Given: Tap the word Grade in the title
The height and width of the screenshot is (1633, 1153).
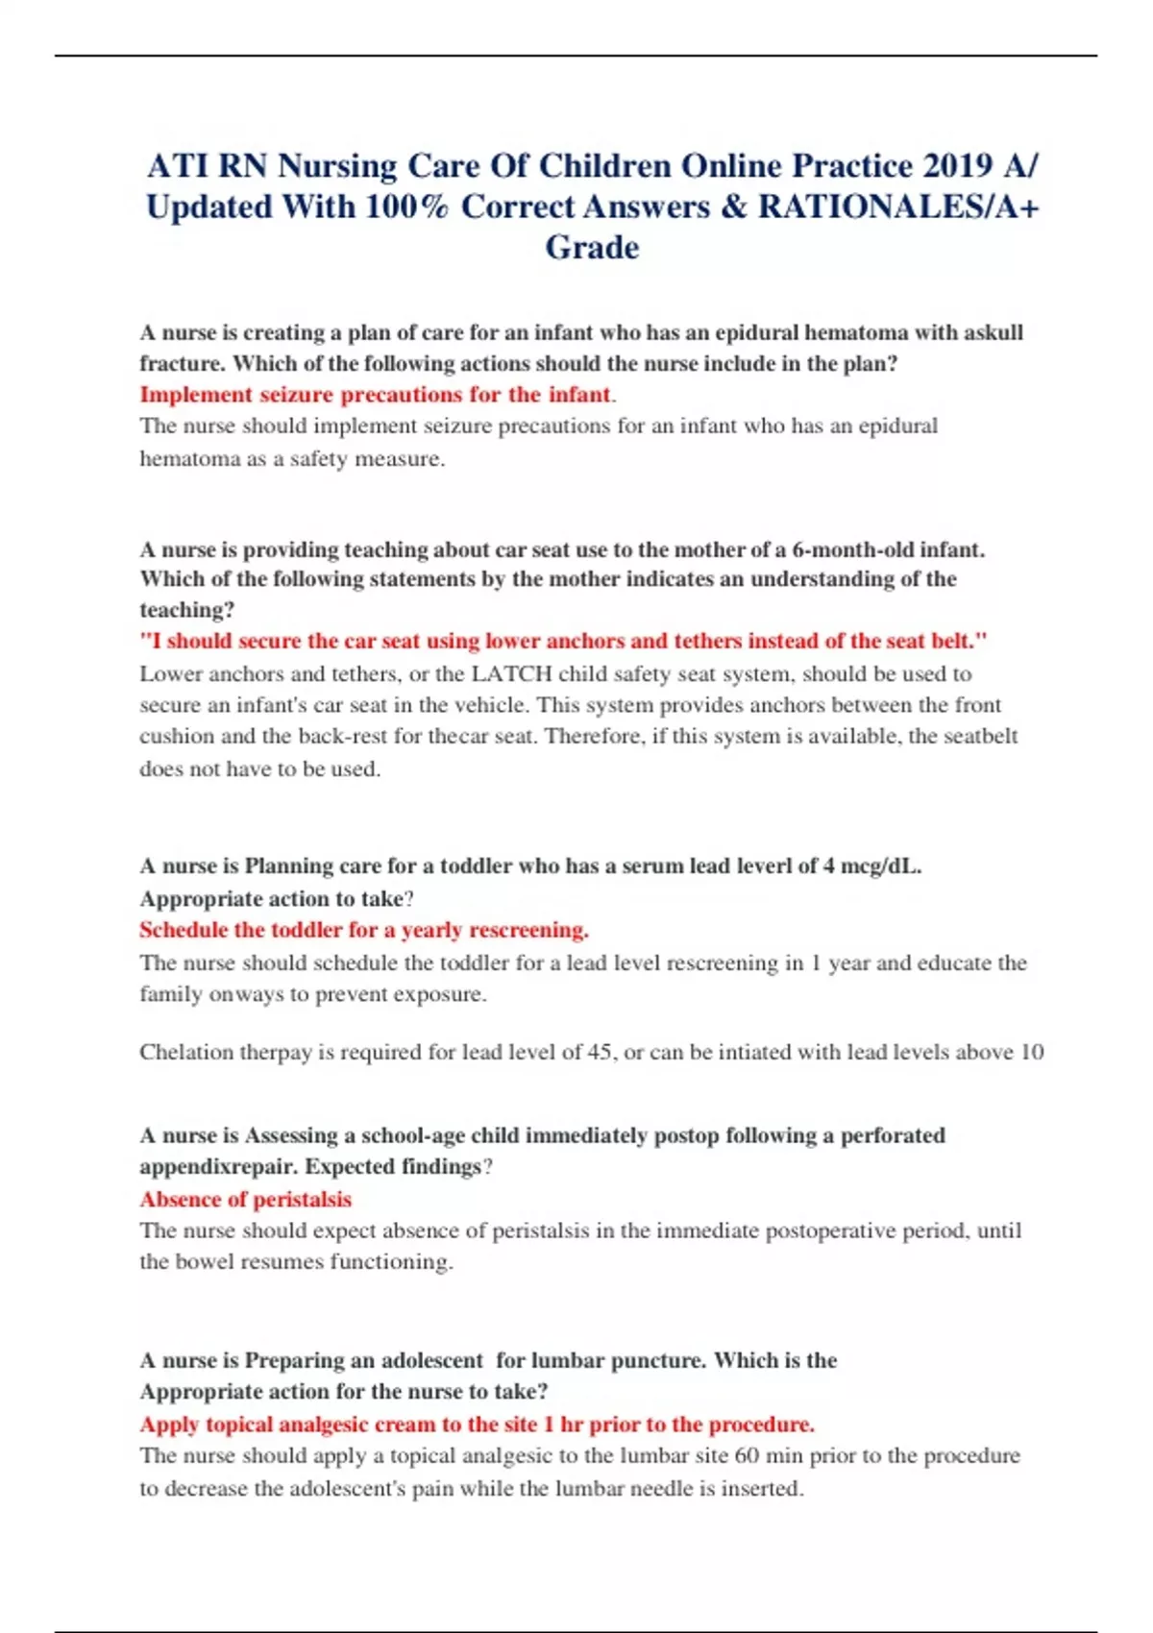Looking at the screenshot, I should (592, 248).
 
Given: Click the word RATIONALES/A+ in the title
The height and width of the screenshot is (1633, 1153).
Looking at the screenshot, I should (898, 207).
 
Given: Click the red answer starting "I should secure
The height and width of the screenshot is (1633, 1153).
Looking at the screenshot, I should (563, 641).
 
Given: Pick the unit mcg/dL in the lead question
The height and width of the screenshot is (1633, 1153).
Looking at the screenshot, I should (880, 865).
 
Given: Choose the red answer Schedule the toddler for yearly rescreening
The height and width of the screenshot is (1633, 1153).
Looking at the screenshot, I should (363, 930).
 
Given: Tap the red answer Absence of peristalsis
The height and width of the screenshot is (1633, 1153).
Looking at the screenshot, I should (245, 1199).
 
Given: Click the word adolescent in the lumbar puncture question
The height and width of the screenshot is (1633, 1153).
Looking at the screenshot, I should (431, 1360).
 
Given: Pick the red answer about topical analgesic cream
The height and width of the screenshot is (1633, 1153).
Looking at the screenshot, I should (477, 1424).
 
